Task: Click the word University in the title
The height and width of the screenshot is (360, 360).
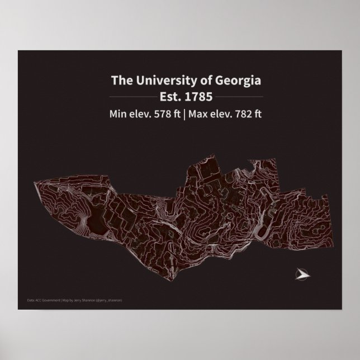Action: (159, 80)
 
